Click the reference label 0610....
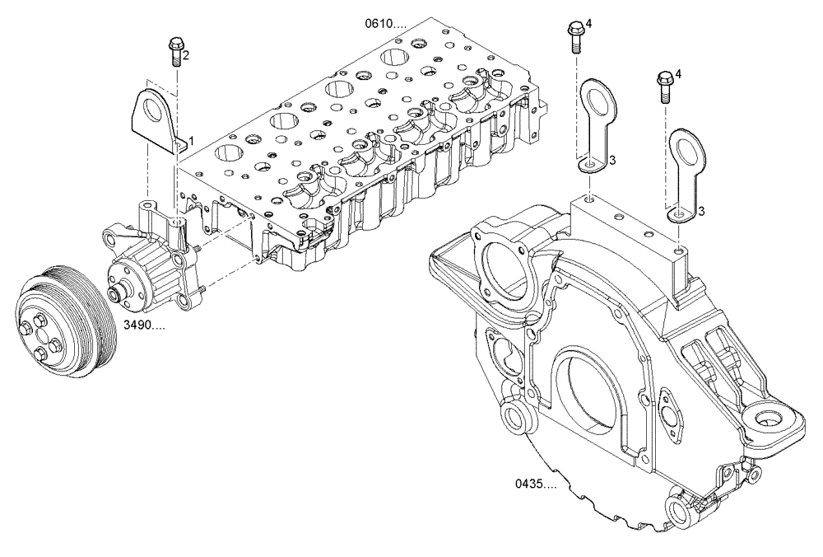point(386,24)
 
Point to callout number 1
point(192,143)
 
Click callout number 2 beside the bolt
point(186,55)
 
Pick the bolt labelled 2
point(174,52)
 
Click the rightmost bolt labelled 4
point(664,85)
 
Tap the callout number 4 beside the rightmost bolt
point(678,75)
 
